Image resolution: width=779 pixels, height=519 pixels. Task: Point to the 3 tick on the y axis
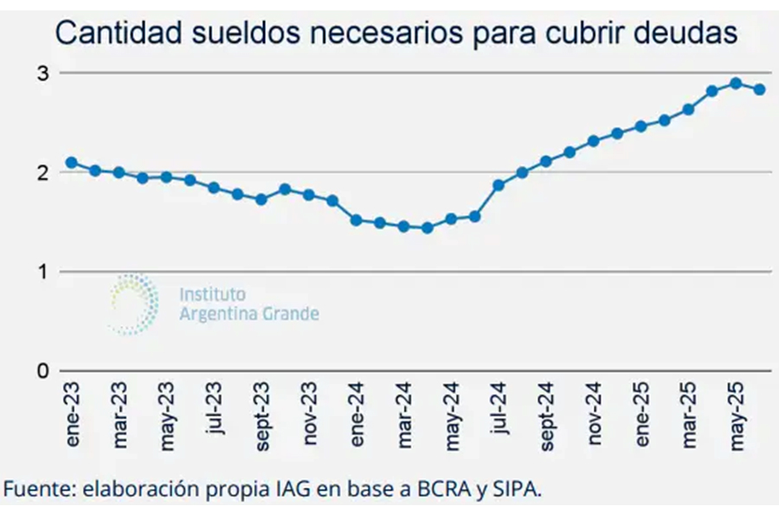click(42, 74)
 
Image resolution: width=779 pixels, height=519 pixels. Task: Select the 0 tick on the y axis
click(42, 371)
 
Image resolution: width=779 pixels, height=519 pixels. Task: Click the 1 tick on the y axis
click(42, 272)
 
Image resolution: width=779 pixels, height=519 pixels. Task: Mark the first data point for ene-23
click(71, 163)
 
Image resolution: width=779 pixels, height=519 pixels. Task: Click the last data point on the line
click(759, 89)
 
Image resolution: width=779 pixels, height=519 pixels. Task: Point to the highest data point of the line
click(736, 83)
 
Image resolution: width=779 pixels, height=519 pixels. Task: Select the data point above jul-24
click(499, 185)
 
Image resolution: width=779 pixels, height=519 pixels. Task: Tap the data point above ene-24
click(356, 220)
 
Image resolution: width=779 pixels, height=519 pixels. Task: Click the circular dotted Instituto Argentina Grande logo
click(134, 303)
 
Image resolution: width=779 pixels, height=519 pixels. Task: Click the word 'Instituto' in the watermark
click(212, 295)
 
